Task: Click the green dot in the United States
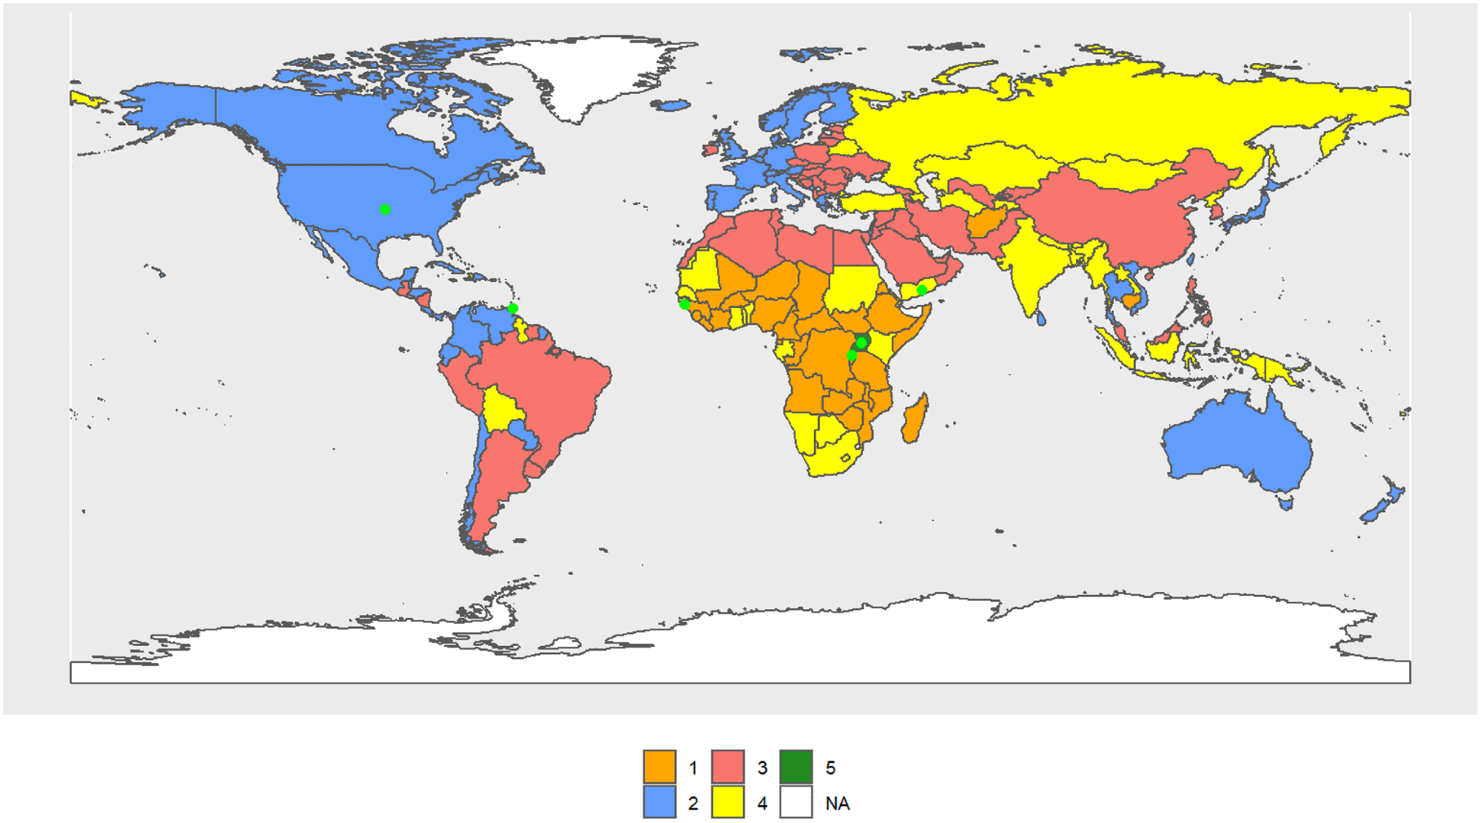(385, 209)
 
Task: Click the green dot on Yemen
(921, 290)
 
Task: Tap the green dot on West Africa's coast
(684, 304)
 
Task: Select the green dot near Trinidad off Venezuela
(512, 309)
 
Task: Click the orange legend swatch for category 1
(659, 767)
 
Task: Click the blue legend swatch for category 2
(659, 802)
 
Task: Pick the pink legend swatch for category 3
(727, 767)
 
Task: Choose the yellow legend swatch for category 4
(727, 802)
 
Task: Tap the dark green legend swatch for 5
(796, 767)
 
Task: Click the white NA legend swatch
(796, 802)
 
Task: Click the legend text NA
(838, 803)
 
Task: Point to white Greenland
(585, 74)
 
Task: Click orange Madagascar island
(915, 419)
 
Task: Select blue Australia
(1237, 444)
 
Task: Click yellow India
(1029, 266)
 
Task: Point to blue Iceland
(673, 106)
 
